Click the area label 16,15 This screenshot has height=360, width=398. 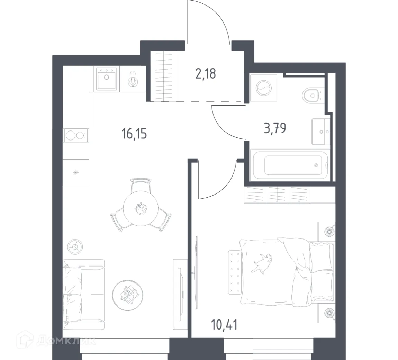134,133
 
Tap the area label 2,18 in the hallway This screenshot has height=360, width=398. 206,74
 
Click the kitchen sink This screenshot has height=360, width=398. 106,79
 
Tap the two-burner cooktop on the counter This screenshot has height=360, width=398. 76,135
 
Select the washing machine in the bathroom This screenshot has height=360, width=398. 263,88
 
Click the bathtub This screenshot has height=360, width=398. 290,165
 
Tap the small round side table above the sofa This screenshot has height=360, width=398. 75,246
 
